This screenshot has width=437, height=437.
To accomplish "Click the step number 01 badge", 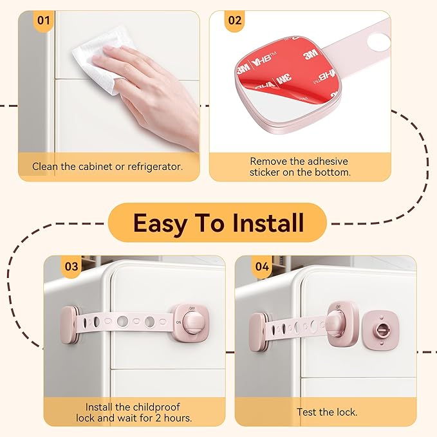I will (44, 20).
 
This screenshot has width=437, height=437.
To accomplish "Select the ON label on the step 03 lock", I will (178, 322).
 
